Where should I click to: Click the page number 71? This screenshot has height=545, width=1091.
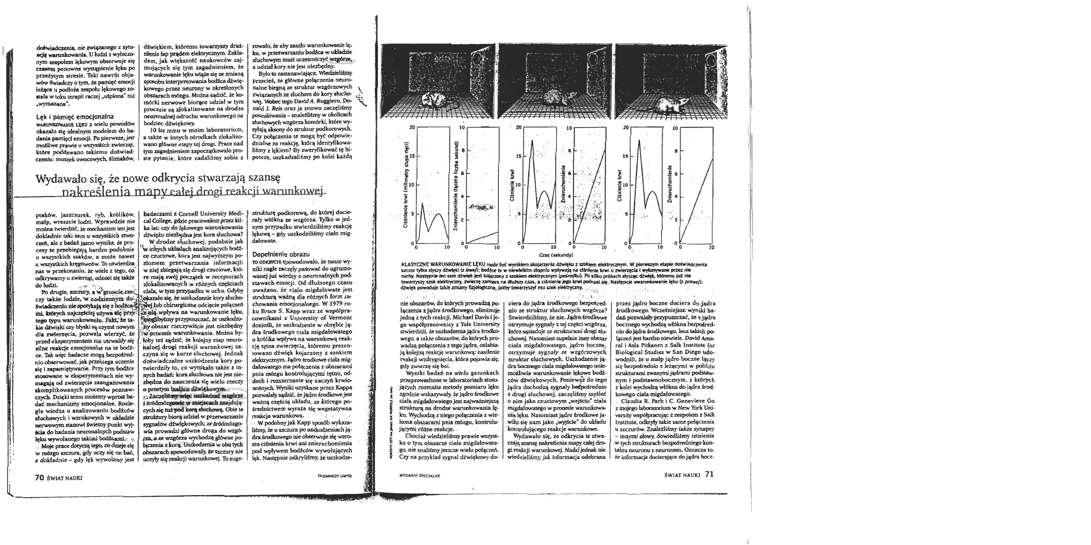coord(708,474)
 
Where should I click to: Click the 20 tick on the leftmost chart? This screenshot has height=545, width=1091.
coord(412,128)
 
